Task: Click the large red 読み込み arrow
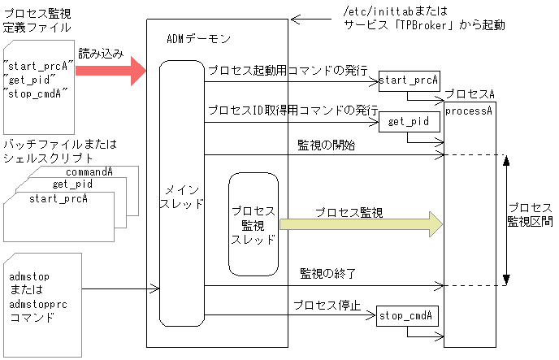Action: (x=110, y=71)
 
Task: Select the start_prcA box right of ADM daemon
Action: (x=409, y=80)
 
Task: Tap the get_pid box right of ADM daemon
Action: (x=409, y=122)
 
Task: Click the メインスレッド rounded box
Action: (x=180, y=195)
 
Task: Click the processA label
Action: (x=469, y=111)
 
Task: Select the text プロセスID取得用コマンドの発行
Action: (x=292, y=110)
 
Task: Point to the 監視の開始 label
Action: (x=326, y=145)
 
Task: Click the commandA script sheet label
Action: (x=89, y=172)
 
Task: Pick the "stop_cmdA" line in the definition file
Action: (x=37, y=93)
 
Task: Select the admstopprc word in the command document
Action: (x=41, y=302)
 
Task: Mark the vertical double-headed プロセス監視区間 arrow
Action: (x=506, y=219)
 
